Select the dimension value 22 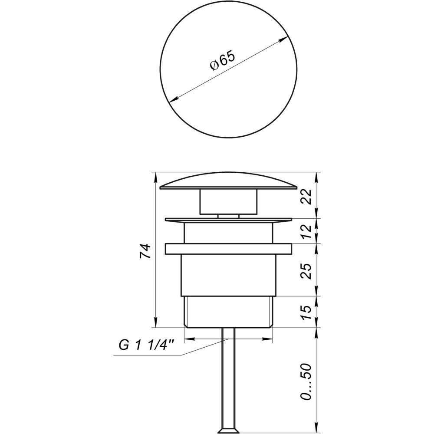pos(306,197)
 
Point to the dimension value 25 pos(306,271)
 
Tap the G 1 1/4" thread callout pos(146,346)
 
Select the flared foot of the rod pos(228,430)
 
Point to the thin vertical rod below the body pos(228,378)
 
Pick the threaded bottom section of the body pos(228,312)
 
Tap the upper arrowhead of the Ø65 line pos(285,39)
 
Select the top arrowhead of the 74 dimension pos(155,175)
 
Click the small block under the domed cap pos(228,201)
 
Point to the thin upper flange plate pos(228,220)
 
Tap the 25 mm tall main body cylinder pos(228,275)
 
